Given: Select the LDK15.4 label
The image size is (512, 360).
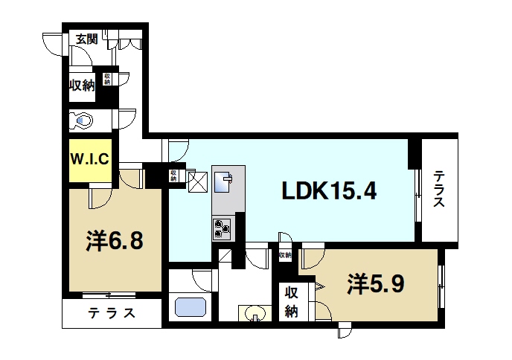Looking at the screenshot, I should click(329, 192).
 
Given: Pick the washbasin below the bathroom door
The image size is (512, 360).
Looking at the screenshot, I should click(255, 314).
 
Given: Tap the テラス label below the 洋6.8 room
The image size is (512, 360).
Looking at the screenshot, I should click(111, 313).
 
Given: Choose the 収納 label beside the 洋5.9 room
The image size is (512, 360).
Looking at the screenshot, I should click(290, 302).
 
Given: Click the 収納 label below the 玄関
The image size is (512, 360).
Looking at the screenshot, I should click(82, 85).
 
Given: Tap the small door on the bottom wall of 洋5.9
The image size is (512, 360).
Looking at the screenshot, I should click(345, 329).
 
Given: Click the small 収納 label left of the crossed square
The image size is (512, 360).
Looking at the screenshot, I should click(173, 176).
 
